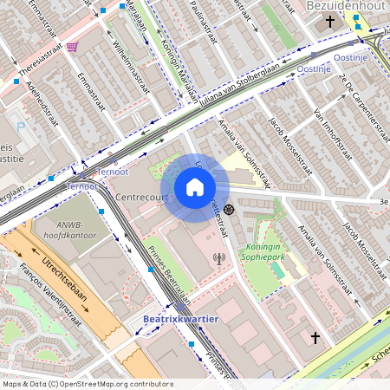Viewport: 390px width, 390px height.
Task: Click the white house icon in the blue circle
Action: (195, 187)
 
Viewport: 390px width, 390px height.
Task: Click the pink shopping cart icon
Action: (72, 47)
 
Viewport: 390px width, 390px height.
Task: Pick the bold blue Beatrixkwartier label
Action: (179, 319)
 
